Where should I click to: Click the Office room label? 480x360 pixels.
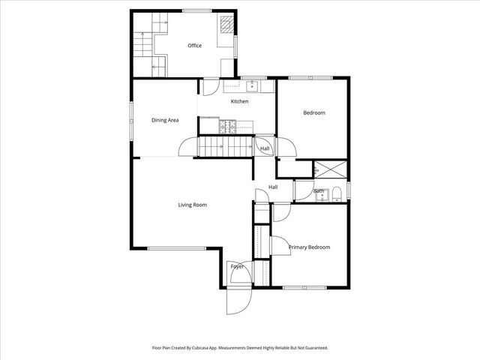[194, 46]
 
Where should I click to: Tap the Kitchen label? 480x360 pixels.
[239, 101]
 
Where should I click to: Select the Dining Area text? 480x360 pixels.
[164, 120]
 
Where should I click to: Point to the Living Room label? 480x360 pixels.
[192, 205]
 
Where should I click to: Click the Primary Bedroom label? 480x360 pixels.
[309, 247]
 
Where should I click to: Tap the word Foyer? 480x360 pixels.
[237, 266]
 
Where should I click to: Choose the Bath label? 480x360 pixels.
[319, 190]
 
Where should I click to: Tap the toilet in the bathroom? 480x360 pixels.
[337, 194]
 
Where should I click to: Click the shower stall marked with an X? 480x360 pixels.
[331, 169]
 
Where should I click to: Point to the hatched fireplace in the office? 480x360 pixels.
[226, 27]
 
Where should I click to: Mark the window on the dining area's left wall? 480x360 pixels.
[132, 117]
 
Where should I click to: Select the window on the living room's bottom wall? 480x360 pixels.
[175, 248]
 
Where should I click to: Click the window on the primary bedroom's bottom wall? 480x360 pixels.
[304, 289]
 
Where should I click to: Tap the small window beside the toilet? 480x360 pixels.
[349, 190]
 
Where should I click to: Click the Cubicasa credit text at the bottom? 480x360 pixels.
[239, 348]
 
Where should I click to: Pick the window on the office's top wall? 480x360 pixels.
[195, 10]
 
